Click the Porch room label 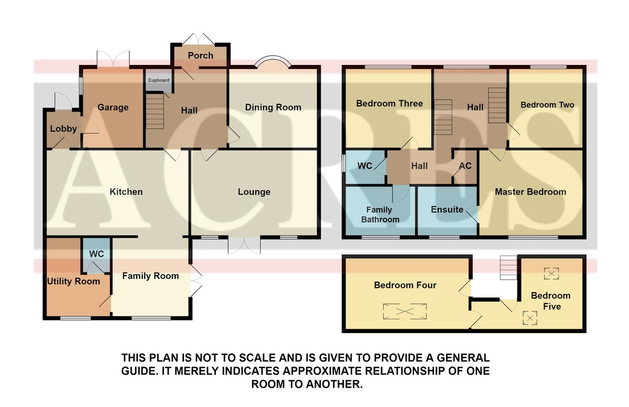[x=200, y=56]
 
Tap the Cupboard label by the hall [x=159, y=80]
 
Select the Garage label [x=113, y=108]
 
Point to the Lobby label [x=63, y=128]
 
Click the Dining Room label [x=273, y=108]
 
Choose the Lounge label [x=254, y=192]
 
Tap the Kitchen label [x=126, y=192]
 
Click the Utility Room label [x=73, y=282]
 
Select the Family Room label [x=150, y=276]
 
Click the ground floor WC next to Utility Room [x=96, y=254]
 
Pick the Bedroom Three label [x=389, y=103]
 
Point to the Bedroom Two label [x=547, y=105]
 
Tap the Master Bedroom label [x=530, y=192]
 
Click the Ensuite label [x=447, y=210]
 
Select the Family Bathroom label [x=380, y=215]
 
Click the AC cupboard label [x=465, y=166]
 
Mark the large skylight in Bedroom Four [x=405, y=311]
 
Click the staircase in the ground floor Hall [x=155, y=112]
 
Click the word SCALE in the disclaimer [x=256, y=358]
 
